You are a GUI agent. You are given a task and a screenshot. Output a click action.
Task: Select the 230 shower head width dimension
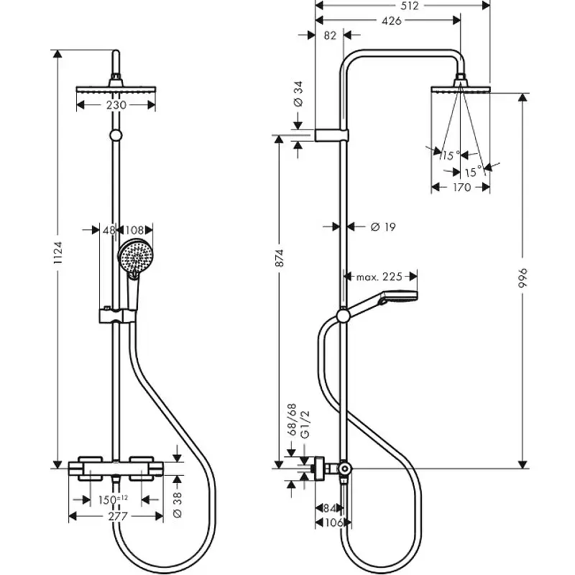[116, 105]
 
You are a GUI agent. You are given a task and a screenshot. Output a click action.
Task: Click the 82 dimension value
[330, 34]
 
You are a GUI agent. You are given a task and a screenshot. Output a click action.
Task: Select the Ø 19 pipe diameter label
[383, 226]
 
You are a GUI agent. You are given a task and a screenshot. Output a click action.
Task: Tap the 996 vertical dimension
[523, 278]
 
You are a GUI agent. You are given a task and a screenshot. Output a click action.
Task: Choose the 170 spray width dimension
[461, 188]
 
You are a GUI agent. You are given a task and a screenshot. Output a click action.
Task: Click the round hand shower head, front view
[135, 254]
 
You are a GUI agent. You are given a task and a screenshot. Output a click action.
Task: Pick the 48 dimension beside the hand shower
[109, 230]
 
